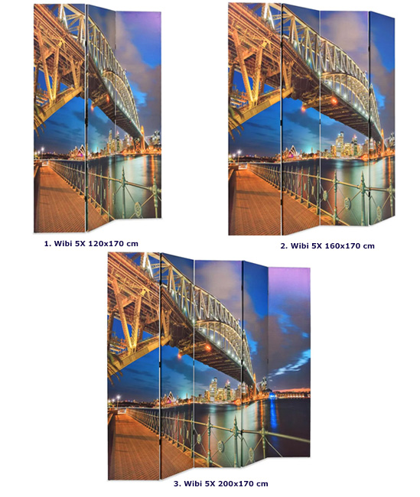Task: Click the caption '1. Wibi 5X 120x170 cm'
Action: [x=91, y=243]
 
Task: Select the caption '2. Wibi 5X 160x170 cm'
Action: [x=327, y=245]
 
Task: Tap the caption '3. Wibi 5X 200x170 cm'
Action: [x=221, y=484]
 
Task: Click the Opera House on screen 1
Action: [x=77, y=151]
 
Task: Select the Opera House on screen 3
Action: [x=168, y=398]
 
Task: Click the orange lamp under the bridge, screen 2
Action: [x=334, y=101]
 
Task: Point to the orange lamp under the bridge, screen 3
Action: [x=208, y=348]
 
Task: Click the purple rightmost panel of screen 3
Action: [x=289, y=362]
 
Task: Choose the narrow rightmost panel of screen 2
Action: [x=382, y=119]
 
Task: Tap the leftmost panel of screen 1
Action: [x=60, y=118]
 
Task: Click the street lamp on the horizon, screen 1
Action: [x=42, y=151]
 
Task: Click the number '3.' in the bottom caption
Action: [x=177, y=484]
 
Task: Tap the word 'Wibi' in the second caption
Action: [x=298, y=245]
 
